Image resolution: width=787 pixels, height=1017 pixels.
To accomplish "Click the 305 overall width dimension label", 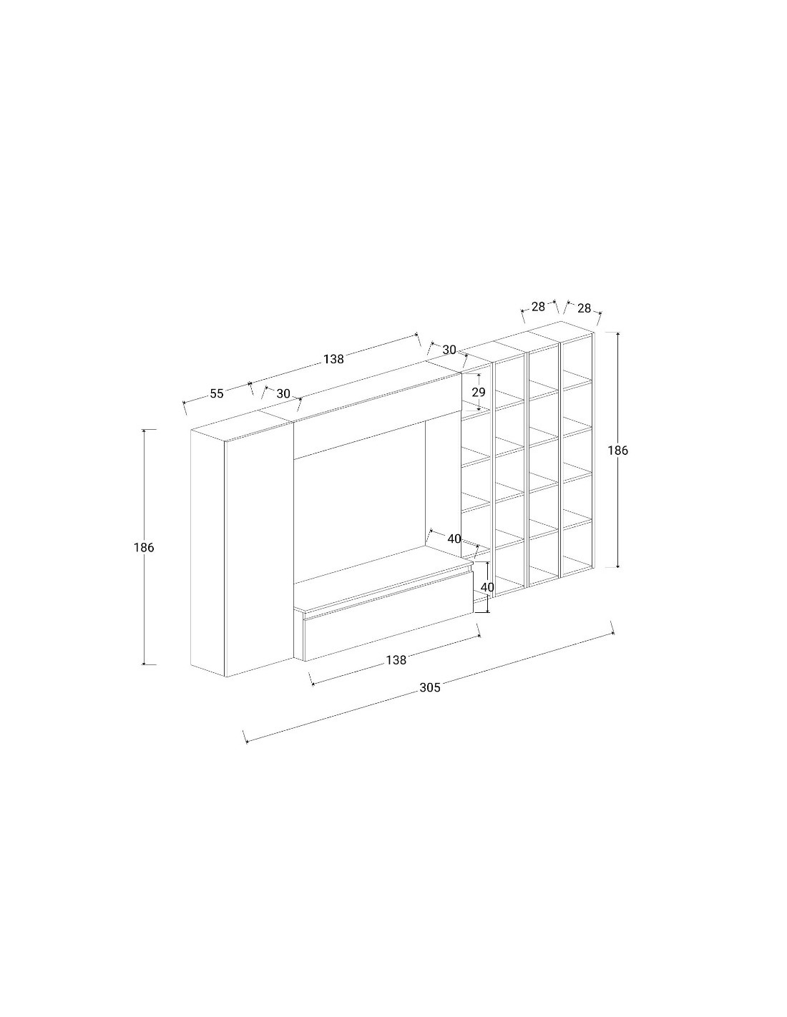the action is (429, 687).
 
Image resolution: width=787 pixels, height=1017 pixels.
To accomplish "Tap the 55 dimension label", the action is (216, 393).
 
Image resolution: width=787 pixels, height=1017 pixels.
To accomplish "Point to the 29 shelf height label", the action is (479, 392).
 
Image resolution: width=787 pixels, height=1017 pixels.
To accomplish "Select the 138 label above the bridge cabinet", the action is (333, 359).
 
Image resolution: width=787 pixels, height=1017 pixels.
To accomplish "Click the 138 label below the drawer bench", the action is (396, 660).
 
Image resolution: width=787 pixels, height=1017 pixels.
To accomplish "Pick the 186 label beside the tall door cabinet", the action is (144, 547).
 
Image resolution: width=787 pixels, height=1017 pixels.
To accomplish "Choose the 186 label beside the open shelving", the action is (617, 451).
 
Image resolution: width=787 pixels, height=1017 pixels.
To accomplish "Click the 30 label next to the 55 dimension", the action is (283, 393).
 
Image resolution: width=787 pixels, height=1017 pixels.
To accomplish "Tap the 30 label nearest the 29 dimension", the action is (449, 350).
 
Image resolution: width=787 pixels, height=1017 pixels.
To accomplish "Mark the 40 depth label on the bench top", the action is (454, 539).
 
